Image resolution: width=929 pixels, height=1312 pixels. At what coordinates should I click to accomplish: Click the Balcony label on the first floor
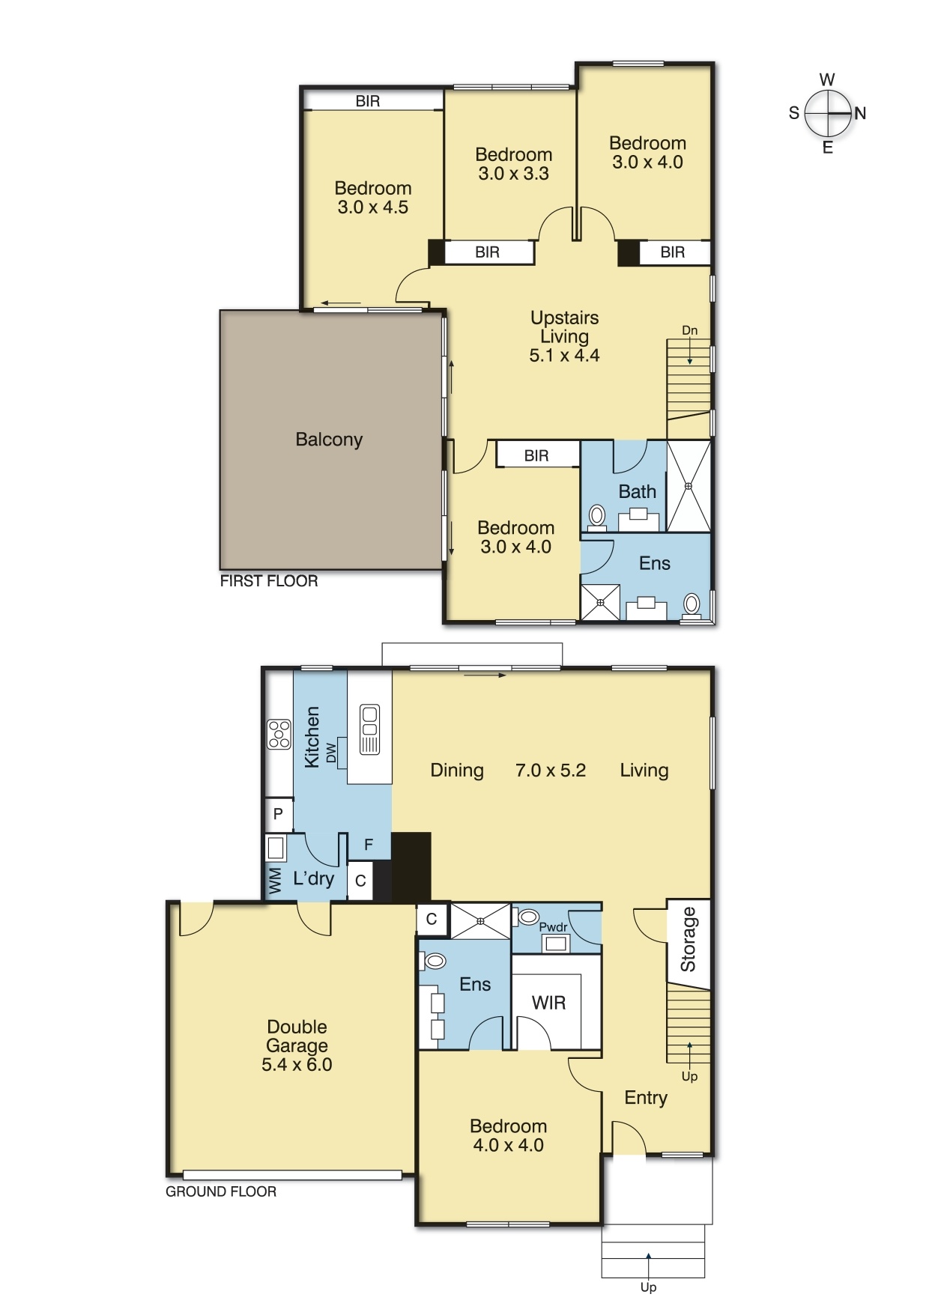point(329,440)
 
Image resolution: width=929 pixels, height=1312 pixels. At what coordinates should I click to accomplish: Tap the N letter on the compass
point(860,113)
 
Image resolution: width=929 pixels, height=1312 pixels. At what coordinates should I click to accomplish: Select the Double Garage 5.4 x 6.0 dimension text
point(297,1065)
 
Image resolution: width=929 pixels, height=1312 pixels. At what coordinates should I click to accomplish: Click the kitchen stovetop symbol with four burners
point(279,734)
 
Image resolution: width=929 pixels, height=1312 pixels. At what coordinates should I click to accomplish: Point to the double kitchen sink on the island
point(369,729)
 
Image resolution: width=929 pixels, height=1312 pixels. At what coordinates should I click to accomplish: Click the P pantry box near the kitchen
point(278,814)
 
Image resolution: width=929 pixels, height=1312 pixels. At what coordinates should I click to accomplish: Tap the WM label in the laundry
point(275,881)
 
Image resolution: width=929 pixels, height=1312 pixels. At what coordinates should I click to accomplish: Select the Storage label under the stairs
point(688,939)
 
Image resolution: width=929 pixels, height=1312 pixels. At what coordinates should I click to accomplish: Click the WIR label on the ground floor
point(548,1003)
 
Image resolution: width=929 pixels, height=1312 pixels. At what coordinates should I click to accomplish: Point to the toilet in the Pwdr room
point(529,917)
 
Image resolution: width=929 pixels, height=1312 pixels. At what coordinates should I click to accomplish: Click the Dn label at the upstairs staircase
point(689,330)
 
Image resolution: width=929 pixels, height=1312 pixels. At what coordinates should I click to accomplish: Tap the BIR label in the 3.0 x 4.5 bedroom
point(367,101)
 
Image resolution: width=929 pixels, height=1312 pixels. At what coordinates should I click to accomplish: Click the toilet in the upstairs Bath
point(597,515)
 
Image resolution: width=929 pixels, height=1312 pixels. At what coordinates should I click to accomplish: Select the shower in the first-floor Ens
point(600,602)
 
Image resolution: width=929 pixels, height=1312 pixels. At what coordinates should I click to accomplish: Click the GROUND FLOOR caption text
point(221,1191)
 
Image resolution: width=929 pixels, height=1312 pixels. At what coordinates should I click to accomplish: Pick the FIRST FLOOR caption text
point(268,581)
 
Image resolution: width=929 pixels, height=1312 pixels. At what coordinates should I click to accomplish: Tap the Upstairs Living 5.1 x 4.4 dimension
point(564,356)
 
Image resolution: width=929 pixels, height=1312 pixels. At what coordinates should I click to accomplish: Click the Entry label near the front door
point(645,1098)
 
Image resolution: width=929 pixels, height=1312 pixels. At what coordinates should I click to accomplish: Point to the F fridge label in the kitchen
point(369,845)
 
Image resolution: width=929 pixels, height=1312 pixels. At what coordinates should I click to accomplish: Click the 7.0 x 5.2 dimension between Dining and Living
point(550,771)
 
